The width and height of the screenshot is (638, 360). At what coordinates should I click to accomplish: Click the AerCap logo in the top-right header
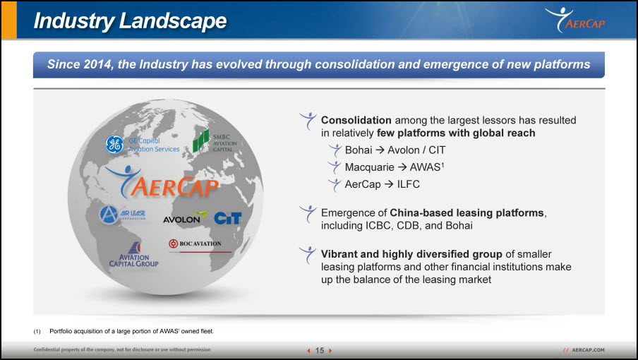[575, 20]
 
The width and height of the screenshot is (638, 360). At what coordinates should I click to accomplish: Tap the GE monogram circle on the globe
[114, 145]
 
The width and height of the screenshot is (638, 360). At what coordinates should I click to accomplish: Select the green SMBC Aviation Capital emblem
[201, 141]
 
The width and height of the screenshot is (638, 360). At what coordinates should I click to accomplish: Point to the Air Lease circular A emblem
[109, 215]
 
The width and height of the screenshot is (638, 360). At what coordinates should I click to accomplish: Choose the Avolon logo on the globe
[185, 217]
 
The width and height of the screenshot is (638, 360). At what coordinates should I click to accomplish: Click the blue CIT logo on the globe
[228, 218]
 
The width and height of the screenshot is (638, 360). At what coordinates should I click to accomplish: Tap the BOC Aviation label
[195, 244]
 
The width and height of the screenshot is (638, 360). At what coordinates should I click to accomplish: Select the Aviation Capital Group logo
[134, 255]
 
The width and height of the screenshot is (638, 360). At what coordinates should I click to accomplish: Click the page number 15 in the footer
[320, 350]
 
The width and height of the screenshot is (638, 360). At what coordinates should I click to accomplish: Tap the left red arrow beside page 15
[309, 350]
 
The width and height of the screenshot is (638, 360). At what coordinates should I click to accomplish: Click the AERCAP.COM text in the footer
[588, 350]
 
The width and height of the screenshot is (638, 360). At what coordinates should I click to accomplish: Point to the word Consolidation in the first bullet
[356, 121]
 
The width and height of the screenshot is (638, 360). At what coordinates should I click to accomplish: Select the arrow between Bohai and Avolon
[380, 150]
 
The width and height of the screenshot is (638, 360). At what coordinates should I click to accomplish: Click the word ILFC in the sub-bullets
[408, 184]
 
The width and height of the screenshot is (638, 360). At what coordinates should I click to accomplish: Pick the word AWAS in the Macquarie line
[425, 167]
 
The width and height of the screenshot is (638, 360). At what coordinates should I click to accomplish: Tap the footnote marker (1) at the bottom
[37, 332]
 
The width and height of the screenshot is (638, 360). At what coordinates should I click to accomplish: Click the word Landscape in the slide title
[173, 20]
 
